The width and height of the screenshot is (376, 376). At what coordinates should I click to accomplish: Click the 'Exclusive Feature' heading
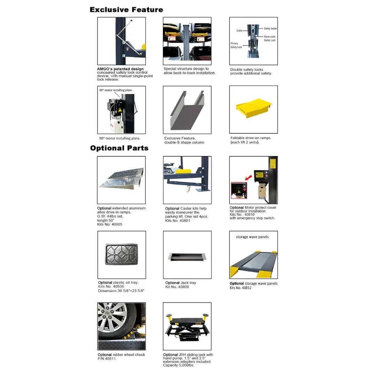point(126,10)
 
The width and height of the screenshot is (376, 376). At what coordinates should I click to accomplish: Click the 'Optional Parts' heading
point(119,148)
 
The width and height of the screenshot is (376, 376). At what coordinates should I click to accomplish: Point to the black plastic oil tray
point(121,254)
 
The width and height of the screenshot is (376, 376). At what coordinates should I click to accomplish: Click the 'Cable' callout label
point(239,31)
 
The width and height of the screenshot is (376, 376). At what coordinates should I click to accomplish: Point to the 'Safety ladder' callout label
point(270,29)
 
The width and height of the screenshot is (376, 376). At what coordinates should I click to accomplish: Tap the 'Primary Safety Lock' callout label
point(236,45)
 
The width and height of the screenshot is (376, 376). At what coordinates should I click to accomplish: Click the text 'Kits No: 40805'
point(110,225)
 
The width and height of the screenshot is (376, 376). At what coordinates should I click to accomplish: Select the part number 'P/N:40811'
point(107,359)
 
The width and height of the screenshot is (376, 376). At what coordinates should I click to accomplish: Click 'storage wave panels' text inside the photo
point(252,237)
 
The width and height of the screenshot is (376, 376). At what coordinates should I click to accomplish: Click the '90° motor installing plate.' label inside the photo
point(116,90)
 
